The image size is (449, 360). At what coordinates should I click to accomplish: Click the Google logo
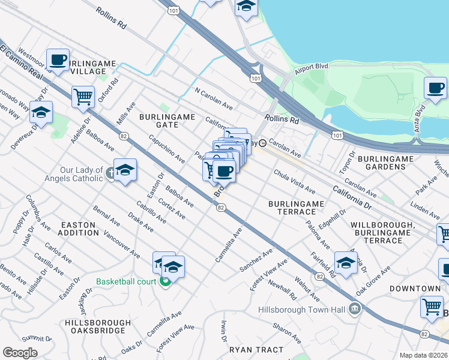click(x=20, y=353)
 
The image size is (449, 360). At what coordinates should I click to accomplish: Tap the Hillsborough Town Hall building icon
click(x=355, y=310)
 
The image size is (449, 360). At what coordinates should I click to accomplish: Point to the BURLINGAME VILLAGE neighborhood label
click(x=87, y=67)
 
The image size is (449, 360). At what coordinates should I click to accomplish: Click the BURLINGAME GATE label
click(x=159, y=120)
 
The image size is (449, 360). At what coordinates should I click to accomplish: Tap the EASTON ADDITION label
click(x=79, y=229)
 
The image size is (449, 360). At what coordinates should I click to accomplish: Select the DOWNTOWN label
click(x=414, y=289)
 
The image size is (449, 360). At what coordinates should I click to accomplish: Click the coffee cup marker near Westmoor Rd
click(x=58, y=59)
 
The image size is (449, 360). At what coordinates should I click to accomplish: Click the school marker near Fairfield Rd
click(x=346, y=262)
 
